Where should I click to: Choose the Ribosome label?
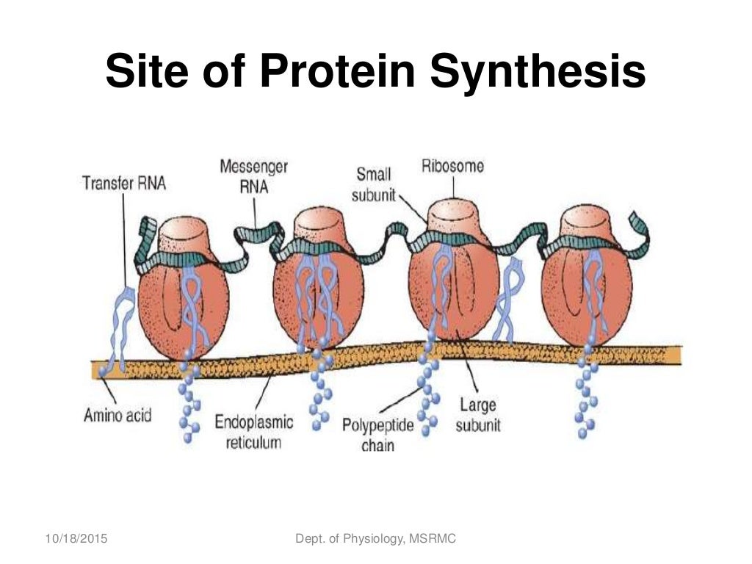452,166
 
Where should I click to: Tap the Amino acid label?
117,415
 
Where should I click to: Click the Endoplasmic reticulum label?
254,432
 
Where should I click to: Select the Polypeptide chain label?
378,435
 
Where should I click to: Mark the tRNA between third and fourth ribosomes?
507,301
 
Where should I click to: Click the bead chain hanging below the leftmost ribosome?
190,400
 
